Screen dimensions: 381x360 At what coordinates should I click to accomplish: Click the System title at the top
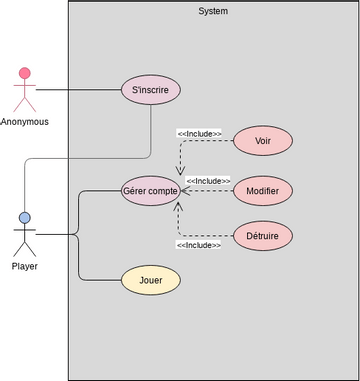[x=213, y=11]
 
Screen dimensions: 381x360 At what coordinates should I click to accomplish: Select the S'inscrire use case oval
[x=150, y=89]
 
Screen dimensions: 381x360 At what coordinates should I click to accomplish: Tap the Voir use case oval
[x=263, y=141]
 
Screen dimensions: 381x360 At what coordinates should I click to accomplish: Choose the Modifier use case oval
[x=263, y=190]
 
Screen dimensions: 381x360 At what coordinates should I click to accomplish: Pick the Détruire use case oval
[x=263, y=236]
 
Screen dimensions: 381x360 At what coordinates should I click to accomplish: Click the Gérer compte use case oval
[x=150, y=190]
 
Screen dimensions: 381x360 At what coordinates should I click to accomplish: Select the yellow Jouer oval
[x=150, y=280]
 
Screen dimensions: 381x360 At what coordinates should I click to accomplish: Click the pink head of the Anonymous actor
[x=25, y=74]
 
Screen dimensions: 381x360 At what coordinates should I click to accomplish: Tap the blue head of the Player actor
[x=25, y=218]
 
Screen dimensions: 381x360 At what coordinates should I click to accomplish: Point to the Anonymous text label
[x=25, y=122]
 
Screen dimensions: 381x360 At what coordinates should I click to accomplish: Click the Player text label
[x=25, y=267]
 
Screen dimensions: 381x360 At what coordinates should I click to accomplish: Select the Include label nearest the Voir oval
[x=199, y=133]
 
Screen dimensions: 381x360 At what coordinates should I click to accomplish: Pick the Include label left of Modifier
[x=207, y=181]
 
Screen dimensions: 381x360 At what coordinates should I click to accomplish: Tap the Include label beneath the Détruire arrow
[x=199, y=244]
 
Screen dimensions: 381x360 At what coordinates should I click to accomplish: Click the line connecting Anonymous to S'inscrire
[x=80, y=89]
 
